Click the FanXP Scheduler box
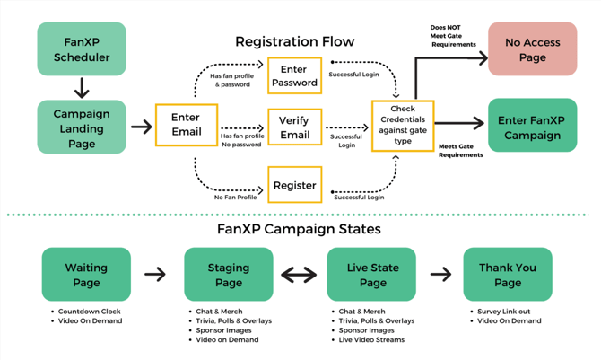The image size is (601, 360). (82, 49)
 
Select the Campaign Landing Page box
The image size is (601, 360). (82, 127)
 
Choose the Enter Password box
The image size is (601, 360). (294, 75)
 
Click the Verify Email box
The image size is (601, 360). (294, 127)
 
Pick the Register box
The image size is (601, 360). (294, 186)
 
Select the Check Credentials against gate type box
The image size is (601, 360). (403, 126)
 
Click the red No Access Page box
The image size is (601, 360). (532, 49)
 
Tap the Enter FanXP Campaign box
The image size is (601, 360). (532, 127)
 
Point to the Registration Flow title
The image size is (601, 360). (294, 41)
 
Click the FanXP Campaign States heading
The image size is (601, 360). (299, 229)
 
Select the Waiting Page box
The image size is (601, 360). (86, 275)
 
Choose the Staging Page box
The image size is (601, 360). (229, 275)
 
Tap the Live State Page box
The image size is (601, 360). (370, 275)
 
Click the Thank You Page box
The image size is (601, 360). (507, 275)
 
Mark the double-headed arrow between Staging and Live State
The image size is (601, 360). (300, 275)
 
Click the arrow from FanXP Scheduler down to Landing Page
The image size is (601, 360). (82, 88)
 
